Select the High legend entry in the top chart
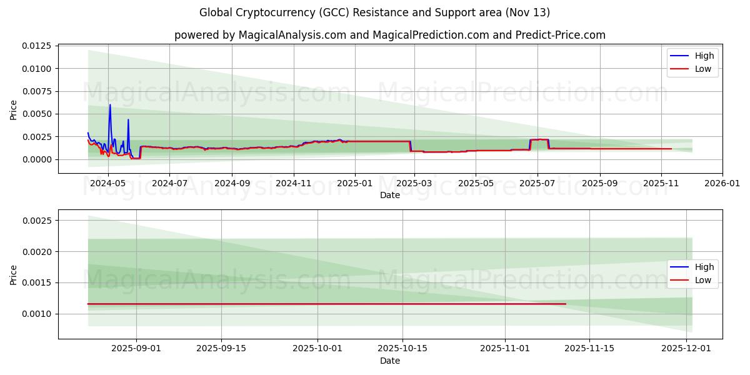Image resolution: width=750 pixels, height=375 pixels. pos(703,56)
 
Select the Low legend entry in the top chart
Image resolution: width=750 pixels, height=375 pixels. pos(703,69)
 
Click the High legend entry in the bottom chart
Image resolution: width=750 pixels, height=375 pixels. pos(703,267)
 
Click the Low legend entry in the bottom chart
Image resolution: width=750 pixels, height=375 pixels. pos(703,281)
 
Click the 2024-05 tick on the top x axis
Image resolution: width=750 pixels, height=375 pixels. pos(108,184)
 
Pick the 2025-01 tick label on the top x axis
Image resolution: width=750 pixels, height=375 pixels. pos(355,184)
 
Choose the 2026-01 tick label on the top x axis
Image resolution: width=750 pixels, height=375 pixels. pos(722,184)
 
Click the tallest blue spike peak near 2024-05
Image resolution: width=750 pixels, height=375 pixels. pos(110,105)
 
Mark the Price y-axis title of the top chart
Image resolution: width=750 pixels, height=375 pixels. pos(14,109)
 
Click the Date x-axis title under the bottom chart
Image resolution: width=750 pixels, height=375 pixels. pos(389,361)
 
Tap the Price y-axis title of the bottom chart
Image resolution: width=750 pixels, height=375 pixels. pos(14,275)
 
